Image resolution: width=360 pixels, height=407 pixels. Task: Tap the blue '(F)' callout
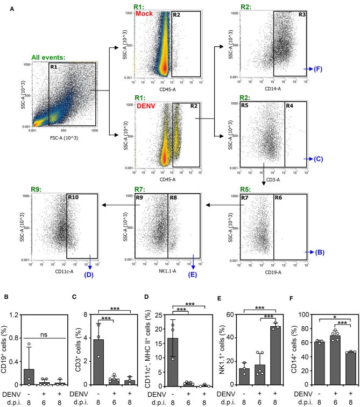(x=319, y=69)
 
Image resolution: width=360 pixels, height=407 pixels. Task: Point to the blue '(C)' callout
(x=319, y=159)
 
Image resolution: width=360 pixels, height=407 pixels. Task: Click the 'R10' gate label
(x=73, y=198)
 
